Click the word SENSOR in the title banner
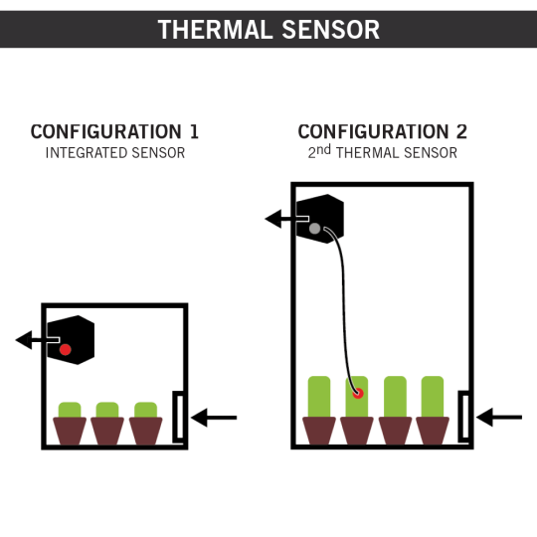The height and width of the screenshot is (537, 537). (331, 30)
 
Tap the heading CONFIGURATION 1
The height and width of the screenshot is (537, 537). (114, 131)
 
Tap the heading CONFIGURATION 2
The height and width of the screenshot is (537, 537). (382, 131)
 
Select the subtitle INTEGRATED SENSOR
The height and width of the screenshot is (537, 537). (115, 153)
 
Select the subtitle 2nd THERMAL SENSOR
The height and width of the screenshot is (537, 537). (383, 152)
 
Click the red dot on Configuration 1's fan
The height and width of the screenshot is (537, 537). (65, 350)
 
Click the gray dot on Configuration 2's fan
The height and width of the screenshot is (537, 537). (314, 229)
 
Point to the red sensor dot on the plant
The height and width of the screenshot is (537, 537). (358, 393)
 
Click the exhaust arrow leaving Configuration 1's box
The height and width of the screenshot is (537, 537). (32, 340)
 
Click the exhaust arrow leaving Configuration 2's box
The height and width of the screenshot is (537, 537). (280, 219)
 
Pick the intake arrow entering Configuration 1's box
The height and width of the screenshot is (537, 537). (214, 418)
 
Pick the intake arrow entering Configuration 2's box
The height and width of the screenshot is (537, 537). (499, 417)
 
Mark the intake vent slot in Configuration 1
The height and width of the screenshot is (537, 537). (179, 417)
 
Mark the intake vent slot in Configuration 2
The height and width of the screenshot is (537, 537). (464, 417)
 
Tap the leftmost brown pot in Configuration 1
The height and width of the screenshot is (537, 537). (70, 431)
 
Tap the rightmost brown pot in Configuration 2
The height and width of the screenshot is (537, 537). (433, 431)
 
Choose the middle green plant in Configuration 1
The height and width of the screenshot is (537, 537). (107, 410)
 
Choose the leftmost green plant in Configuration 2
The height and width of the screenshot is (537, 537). (319, 396)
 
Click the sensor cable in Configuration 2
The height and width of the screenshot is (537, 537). (343, 308)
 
